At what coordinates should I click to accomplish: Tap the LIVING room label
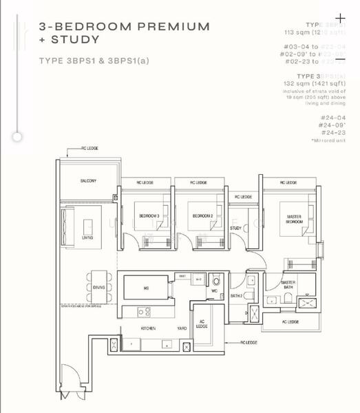[x=87, y=238]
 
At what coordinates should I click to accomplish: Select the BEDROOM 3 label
[x=149, y=216]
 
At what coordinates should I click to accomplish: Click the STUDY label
[x=235, y=228]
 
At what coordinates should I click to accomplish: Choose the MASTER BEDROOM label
[x=294, y=219]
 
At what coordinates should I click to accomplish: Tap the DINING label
[x=99, y=288]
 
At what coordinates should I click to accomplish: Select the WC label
[x=214, y=290]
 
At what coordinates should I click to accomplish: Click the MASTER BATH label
[x=288, y=284]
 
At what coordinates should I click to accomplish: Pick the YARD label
[x=182, y=329]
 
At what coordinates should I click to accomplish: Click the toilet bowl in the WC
[x=215, y=281]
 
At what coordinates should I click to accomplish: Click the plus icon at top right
[x=340, y=18]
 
